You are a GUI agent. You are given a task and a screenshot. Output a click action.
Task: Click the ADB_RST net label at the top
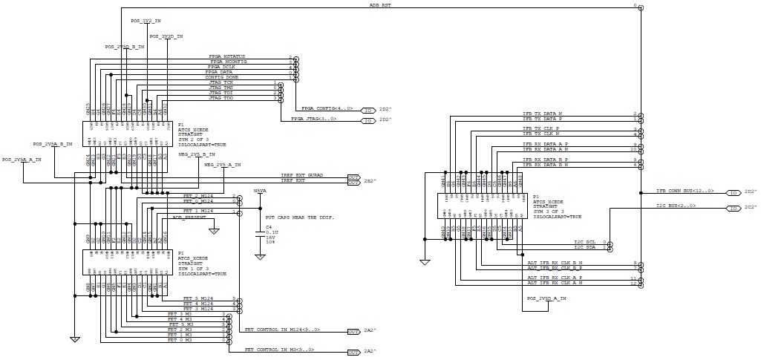380,4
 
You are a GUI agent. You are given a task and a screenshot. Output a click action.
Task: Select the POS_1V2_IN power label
146,21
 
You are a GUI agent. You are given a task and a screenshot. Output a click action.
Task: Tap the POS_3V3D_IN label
166,36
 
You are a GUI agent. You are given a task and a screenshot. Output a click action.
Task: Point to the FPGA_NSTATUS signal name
227,56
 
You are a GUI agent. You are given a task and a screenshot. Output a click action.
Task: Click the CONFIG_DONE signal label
222,77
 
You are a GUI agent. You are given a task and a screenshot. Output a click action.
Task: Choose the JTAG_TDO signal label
221,98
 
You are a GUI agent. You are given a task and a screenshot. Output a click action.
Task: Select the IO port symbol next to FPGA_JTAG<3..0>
368,119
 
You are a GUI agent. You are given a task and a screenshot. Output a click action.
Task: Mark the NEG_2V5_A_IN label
223,164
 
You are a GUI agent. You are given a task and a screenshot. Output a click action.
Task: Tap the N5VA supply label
260,191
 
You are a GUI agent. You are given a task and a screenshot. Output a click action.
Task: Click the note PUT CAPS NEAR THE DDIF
299,217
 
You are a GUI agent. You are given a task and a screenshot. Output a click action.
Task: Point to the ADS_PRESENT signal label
189,217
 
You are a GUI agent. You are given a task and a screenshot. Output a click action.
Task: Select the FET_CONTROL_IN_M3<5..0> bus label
279,349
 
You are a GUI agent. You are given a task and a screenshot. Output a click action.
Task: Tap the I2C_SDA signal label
585,247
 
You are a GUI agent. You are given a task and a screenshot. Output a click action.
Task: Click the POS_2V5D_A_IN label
546,298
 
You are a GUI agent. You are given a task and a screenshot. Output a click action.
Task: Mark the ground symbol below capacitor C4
260,256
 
